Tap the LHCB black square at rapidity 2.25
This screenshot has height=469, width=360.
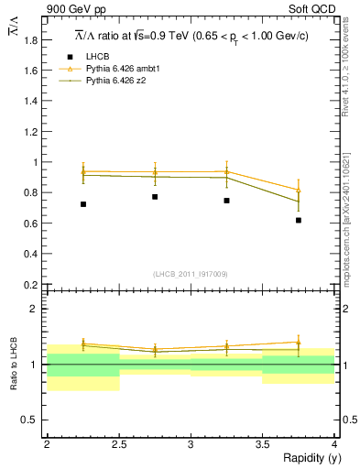pyautogui.click(x=83, y=204)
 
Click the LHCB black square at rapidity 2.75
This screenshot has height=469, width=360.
pyautogui.click(x=155, y=197)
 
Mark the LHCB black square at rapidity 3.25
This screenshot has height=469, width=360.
pyautogui.click(x=226, y=200)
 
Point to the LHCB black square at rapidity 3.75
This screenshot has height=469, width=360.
pyautogui.click(x=299, y=220)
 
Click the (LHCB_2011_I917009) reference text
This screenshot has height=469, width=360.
pyautogui.click(x=191, y=274)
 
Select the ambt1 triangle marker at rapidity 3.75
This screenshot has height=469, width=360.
pyautogui.click(x=299, y=190)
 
